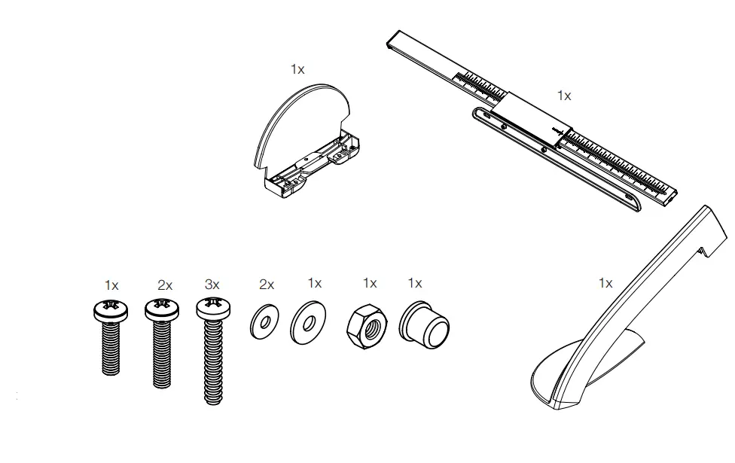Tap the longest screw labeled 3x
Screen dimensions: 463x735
point(212,354)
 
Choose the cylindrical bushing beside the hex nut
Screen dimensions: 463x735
point(424,323)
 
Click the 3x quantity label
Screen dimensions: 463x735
point(212,285)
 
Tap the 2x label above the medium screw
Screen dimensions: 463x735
point(165,285)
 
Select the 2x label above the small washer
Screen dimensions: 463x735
point(267,285)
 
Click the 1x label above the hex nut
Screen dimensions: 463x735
point(369,283)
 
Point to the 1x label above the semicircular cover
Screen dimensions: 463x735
point(297,69)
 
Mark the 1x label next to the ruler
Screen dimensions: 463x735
point(564,96)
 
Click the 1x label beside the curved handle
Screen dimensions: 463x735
point(605,283)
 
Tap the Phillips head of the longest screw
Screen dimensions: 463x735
point(212,307)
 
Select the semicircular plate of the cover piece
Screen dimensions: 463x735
point(297,120)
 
